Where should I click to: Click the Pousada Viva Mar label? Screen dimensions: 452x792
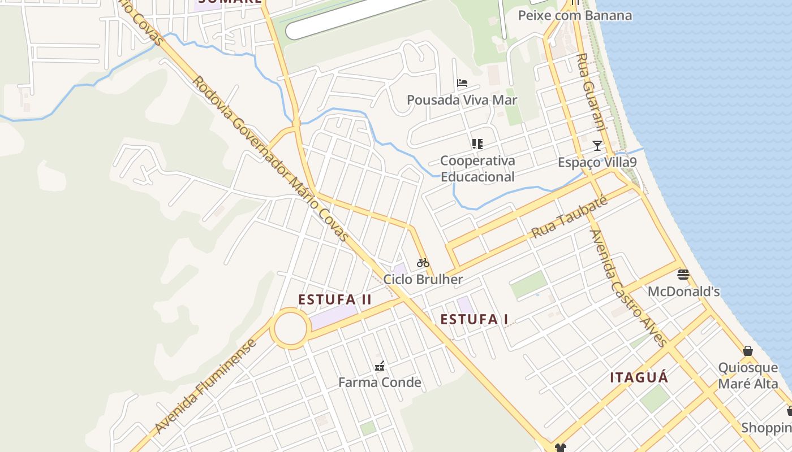tap(462, 100)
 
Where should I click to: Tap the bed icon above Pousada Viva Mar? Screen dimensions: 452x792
tap(462, 83)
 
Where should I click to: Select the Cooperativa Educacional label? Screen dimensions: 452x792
tap(477, 168)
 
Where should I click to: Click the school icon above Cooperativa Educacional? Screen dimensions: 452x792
tap(477, 144)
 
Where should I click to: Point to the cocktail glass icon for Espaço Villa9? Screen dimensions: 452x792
tap(597, 146)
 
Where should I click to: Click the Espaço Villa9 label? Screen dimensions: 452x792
tap(597, 162)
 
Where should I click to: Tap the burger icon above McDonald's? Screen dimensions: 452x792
tap(683, 275)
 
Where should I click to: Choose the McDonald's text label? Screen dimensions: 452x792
tap(683, 292)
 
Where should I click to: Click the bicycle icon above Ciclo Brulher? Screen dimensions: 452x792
tap(423, 263)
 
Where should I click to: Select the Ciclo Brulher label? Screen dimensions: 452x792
tap(423, 279)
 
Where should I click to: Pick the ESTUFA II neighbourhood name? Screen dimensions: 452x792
tap(335, 299)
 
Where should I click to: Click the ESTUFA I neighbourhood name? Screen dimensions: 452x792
tap(474, 319)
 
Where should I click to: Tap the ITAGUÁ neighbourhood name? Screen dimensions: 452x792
tap(639, 377)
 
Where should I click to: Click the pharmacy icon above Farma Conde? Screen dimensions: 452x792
tap(380, 366)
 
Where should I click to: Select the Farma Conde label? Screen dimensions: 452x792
tap(380, 383)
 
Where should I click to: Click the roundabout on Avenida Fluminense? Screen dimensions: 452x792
tap(290, 328)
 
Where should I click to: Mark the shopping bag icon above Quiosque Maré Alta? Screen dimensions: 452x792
tap(748, 351)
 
